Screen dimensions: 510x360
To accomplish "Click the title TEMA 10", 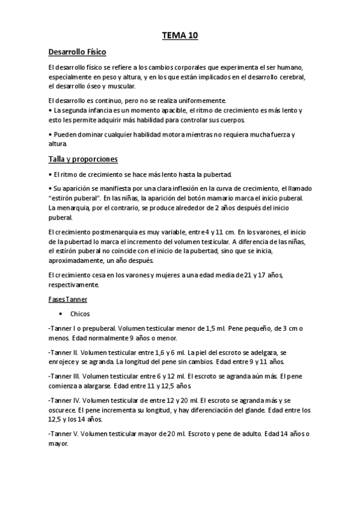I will pos(180,36).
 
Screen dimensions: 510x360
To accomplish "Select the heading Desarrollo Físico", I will pos(77,53).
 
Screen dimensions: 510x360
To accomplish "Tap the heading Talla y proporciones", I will pos(82,159).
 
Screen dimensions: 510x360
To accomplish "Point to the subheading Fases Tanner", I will pos(67,299).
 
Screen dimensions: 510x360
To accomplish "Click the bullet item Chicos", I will pos(79,314).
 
